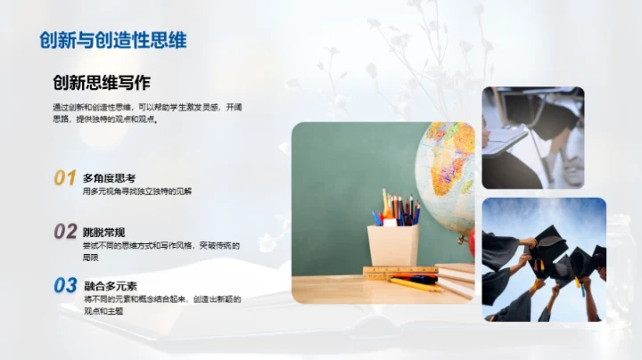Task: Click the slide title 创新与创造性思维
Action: pos(113,41)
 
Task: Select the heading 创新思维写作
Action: pos(101,83)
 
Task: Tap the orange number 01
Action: pos(64,177)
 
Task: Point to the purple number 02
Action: pos(64,232)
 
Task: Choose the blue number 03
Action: pos(64,286)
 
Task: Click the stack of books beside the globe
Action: pos(456,278)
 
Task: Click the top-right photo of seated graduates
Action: pos(532,137)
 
